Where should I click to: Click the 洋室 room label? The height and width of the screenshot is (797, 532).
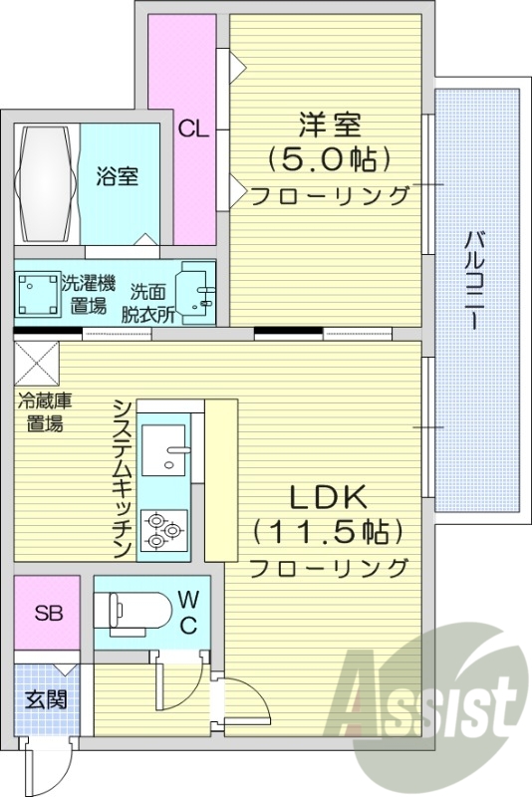coord(329,126)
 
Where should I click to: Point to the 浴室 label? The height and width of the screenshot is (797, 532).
coord(117,177)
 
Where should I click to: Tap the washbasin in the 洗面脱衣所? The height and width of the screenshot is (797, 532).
coord(193,292)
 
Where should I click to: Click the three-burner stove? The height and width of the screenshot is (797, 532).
coord(163,531)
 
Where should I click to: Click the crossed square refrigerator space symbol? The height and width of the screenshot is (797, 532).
coord(37,359)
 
